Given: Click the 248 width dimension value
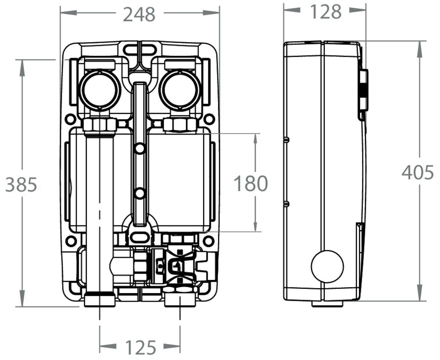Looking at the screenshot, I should (139, 14).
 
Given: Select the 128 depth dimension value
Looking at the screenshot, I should (326, 12).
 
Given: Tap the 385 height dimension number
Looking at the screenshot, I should (21, 185).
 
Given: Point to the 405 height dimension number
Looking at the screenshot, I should (418, 172).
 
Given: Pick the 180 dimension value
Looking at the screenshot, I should (250, 183).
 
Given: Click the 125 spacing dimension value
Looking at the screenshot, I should (140, 347).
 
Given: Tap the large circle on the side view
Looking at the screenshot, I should (327, 267).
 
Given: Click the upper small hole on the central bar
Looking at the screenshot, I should (139, 149).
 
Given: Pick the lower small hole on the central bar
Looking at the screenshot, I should (139, 193).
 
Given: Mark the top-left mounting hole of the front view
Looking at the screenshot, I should (70, 119).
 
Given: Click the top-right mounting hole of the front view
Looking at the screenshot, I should (209, 119).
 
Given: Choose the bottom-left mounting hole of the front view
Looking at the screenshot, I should (70, 241).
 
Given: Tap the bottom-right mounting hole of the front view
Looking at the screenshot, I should (209, 241).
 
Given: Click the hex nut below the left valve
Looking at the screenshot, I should (100, 125).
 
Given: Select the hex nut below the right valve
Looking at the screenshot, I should (180, 125).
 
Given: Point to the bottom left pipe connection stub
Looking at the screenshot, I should (99, 301).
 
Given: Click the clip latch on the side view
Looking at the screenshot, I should (363, 90).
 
